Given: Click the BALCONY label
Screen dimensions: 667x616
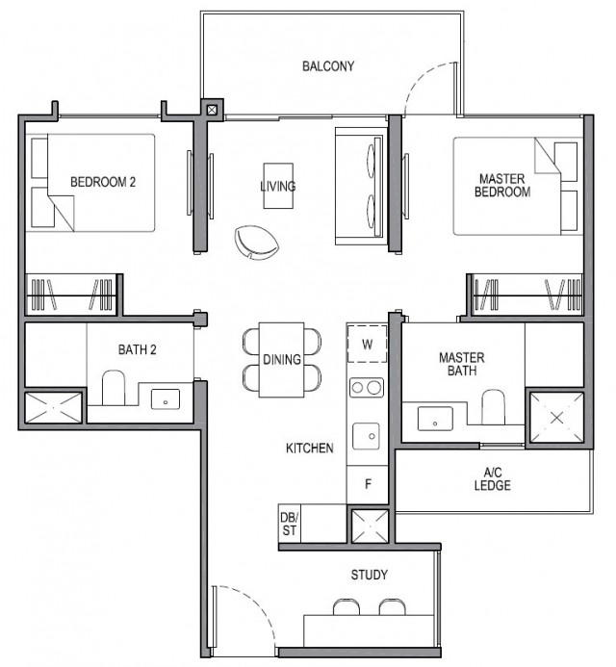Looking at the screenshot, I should click(x=328, y=66).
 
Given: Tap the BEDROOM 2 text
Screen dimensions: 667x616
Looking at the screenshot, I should click(x=103, y=181).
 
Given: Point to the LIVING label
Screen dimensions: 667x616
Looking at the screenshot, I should click(x=278, y=186).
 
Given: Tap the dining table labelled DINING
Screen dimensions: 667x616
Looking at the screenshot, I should click(x=283, y=359).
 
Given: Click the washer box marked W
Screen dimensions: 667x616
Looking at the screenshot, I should click(x=366, y=343).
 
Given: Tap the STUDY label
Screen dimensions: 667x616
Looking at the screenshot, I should click(x=370, y=576).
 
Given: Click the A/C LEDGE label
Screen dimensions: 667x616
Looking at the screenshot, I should click(x=492, y=478).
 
